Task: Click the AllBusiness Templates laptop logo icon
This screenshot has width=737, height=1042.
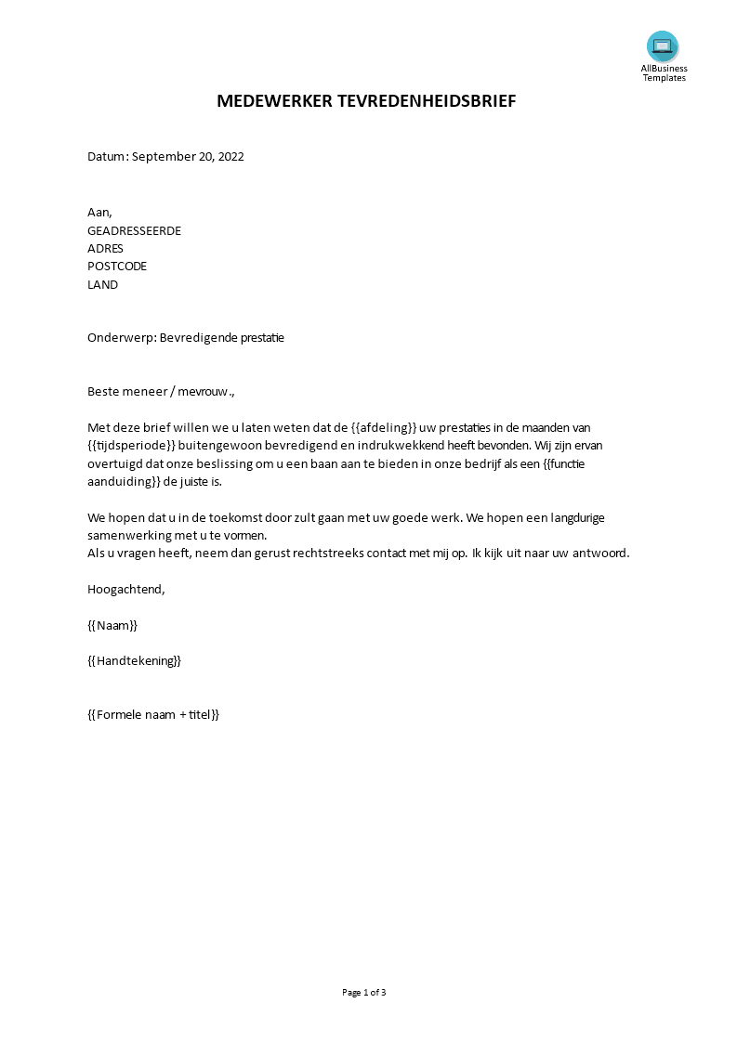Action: click(663, 46)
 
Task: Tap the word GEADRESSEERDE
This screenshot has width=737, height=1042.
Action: click(134, 231)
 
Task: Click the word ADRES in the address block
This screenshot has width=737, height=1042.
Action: click(105, 249)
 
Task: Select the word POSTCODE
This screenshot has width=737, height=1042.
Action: click(117, 267)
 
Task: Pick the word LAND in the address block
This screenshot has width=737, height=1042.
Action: click(102, 285)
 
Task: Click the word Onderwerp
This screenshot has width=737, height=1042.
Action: click(120, 338)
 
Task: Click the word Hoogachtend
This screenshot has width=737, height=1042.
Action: click(125, 589)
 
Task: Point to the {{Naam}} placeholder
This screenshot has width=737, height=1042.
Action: click(112, 625)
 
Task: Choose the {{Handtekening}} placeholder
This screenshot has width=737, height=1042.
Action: click(134, 661)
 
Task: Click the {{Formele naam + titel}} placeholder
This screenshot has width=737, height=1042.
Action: click(153, 715)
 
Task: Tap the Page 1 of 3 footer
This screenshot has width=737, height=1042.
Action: click(364, 992)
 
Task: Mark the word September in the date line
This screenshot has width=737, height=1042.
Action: click(162, 157)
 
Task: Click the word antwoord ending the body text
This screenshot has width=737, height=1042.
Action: click(599, 554)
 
